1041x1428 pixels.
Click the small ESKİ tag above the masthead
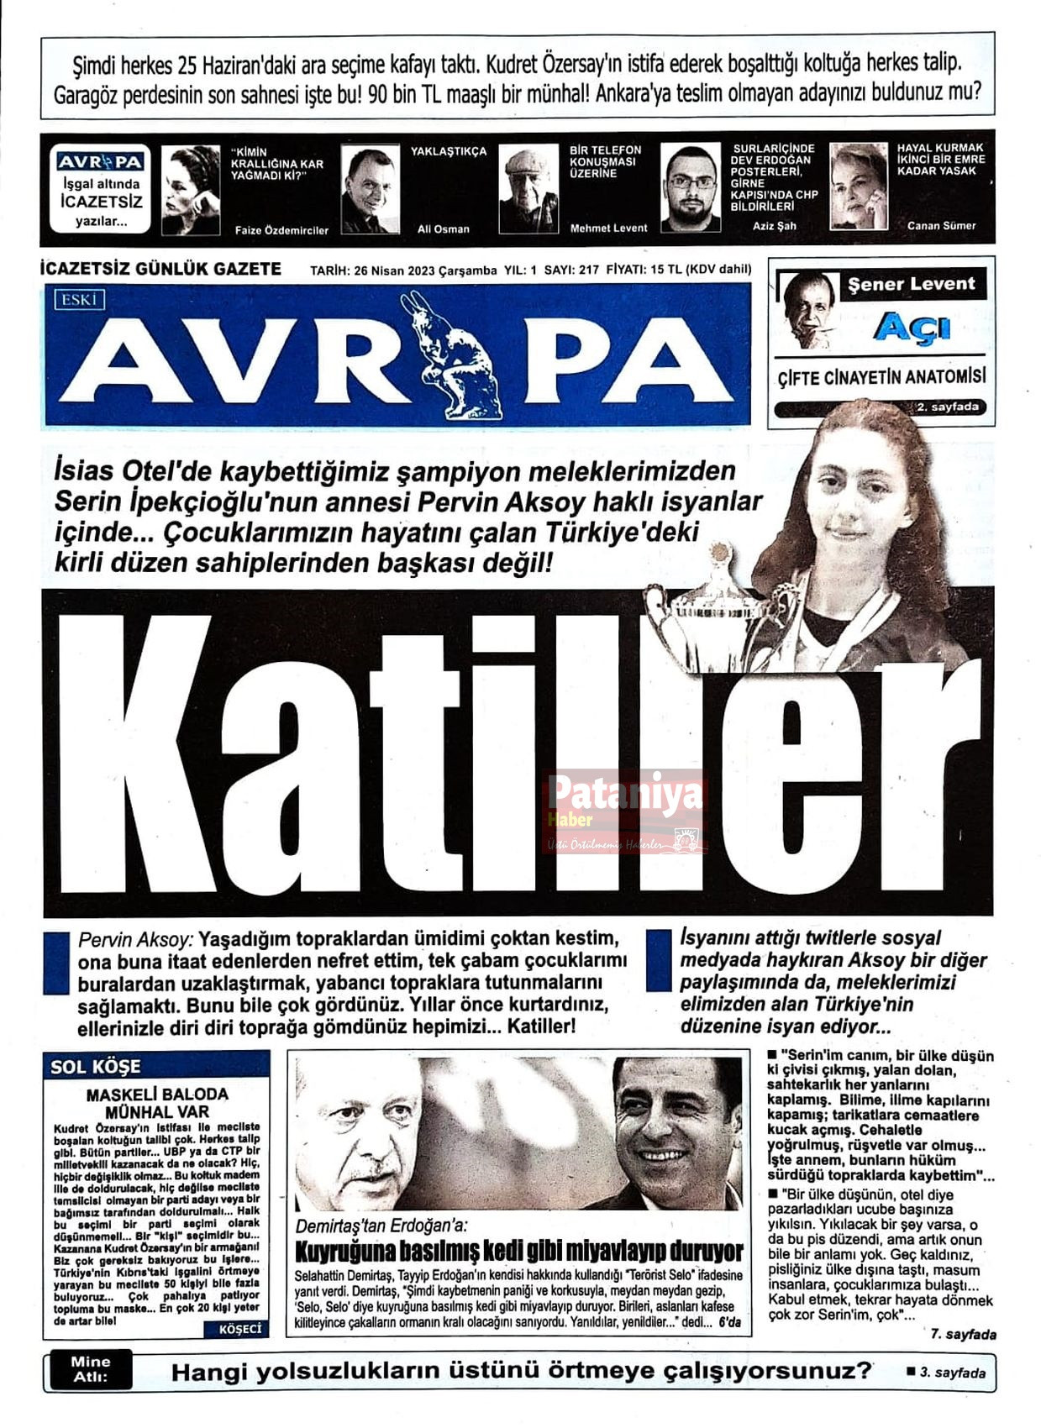pyautogui.click(x=79, y=299)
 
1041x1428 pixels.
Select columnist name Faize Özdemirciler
pyautogui.click(x=281, y=229)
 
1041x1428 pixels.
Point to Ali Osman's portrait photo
pyautogui.click(x=370, y=191)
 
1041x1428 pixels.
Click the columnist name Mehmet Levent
pyautogui.click(x=608, y=228)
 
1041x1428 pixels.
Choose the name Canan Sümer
pyautogui.click(x=941, y=225)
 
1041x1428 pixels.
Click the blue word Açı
pyautogui.click(x=911, y=328)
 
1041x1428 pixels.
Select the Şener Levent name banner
pyautogui.click(x=912, y=284)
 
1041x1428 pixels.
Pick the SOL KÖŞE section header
pyautogui.click(x=96, y=1067)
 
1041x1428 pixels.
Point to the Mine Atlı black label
pyautogui.click(x=91, y=1369)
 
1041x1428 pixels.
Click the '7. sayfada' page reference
pyautogui.click(x=963, y=1334)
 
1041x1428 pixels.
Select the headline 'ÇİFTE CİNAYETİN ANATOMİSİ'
pyautogui.click(x=881, y=377)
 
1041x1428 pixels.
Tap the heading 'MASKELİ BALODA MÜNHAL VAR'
pyautogui.click(x=157, y=1103)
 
